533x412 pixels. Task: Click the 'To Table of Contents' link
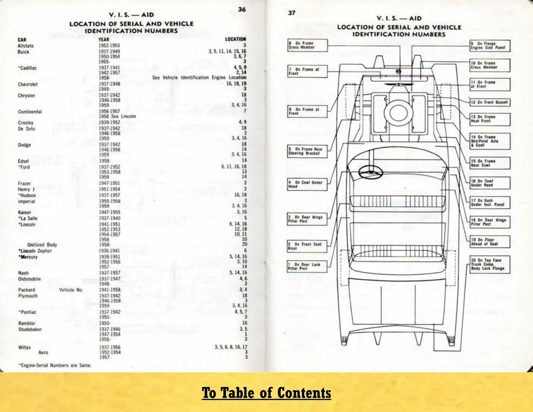[x=266, y=393]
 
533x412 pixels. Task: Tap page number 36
[x=242, y=9]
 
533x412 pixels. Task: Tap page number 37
[x=292, y=13]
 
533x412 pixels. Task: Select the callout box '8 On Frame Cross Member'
[x=307, y=45]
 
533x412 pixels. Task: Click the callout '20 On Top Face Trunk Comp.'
[x=490, y=264]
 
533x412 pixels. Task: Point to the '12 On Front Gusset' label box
[x=490, y=102]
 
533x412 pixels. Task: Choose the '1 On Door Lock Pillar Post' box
[x=307, y=266]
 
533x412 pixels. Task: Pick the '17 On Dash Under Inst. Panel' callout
[x=490, y=203]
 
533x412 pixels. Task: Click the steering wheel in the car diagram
[x=371, y=172]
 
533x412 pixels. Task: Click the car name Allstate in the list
[x=25, y=46]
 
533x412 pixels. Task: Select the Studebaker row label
[x=30, y=329]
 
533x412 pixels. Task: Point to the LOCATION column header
[x=235, y=39]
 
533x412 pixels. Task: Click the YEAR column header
[x=104, y=39]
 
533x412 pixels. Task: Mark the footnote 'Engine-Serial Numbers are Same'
[x=55, y=365]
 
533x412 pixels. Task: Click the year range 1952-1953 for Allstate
[x=109, y=45]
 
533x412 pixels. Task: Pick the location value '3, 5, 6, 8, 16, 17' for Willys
[x=231, y=347]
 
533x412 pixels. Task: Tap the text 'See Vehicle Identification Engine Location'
[x=199, y=78]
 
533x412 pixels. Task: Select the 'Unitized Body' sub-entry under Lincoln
[x=42, y=245]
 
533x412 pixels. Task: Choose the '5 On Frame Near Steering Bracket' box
[x=307, y=151]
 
